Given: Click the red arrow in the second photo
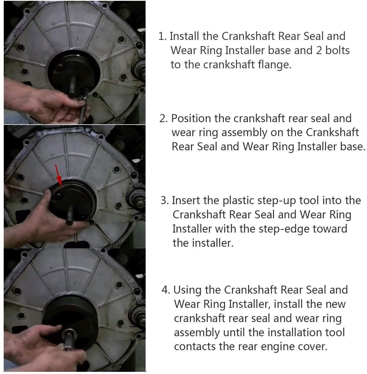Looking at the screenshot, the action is tap(58, 175).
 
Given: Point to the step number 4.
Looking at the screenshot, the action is tap(166, 290).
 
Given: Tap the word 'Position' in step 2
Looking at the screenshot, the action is tap(191, 119).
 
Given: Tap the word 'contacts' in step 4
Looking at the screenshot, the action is tap(195, 347).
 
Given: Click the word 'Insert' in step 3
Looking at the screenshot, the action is tap(186, 200).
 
